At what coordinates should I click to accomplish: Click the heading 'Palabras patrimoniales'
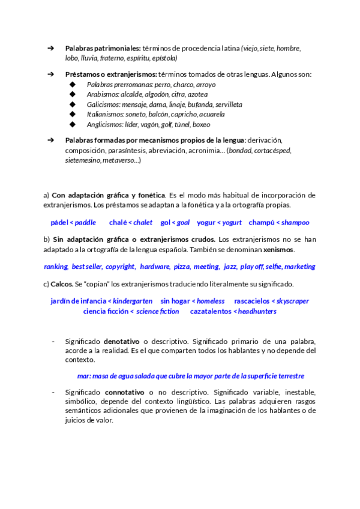[x=103, y=48]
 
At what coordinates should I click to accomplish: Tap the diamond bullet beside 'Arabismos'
[x=73, y=94]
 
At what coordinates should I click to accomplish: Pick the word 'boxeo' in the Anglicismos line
[x=202, y=124]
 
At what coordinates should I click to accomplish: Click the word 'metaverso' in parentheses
[x=119, y=160]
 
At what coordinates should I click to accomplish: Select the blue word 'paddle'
[x=85, y=222]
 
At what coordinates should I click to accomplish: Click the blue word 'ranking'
[x=56, y=267]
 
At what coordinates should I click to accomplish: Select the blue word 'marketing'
[x=299, y=267]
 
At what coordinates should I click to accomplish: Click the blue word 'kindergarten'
[x=131, y=301]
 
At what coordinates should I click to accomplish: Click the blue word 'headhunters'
[x=257, y=312]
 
